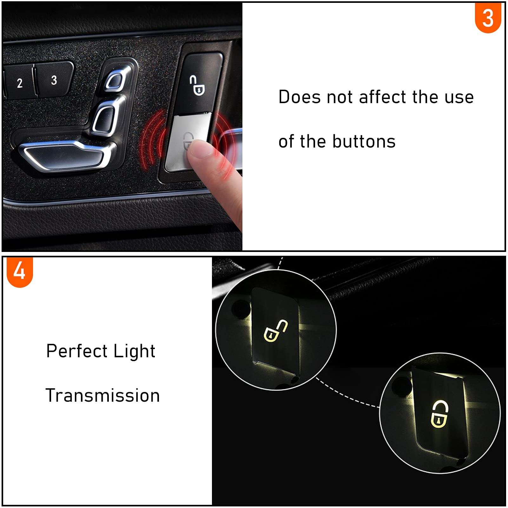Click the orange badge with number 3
(488, 18)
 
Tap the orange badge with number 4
(20, 272)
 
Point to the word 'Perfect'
(77, 351)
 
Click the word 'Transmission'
(102, 395)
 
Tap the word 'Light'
(134, 352)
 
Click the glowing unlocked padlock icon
(275, 331)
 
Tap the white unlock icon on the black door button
(197, 85)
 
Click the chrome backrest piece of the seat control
(104, 119)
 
